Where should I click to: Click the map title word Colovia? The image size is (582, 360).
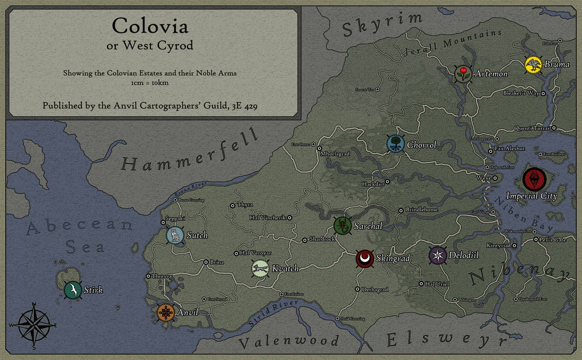[150, 26]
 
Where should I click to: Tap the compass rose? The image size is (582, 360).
[34, 325]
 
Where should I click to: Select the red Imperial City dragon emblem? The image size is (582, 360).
[534, 180]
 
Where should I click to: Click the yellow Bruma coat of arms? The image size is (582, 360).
[533, 65]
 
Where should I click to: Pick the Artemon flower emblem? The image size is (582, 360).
[463, 73]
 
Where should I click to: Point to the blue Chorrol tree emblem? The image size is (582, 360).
[395, 144]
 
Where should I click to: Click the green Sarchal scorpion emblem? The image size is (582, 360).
[341, 225]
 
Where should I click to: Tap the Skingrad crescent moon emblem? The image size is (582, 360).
[364, 259]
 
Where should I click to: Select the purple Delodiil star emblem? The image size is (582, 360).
[438, 255]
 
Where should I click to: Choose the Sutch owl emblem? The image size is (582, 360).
[175, 236]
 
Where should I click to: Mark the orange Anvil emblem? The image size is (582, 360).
[165, 312]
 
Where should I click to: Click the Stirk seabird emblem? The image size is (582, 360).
[73, 290]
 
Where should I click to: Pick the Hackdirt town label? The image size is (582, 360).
[373, 183]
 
